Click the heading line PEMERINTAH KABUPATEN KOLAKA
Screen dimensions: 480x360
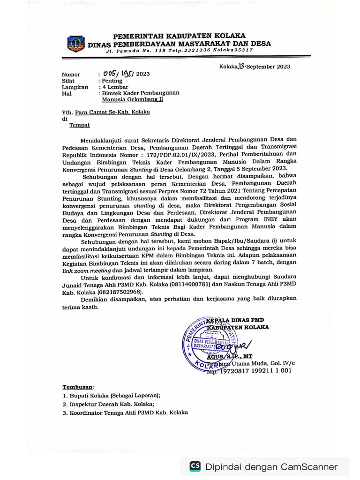(179, 37)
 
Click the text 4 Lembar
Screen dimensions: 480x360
(115, 87)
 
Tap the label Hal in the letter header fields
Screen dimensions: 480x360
(67, 93)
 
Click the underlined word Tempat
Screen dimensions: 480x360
(80, 125)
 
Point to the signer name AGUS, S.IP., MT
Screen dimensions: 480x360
(232, 356)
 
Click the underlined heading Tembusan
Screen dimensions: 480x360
(78, 387)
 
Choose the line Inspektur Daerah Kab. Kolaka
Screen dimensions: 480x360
(108, 404)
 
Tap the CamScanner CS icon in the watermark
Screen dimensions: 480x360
(195, 466)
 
